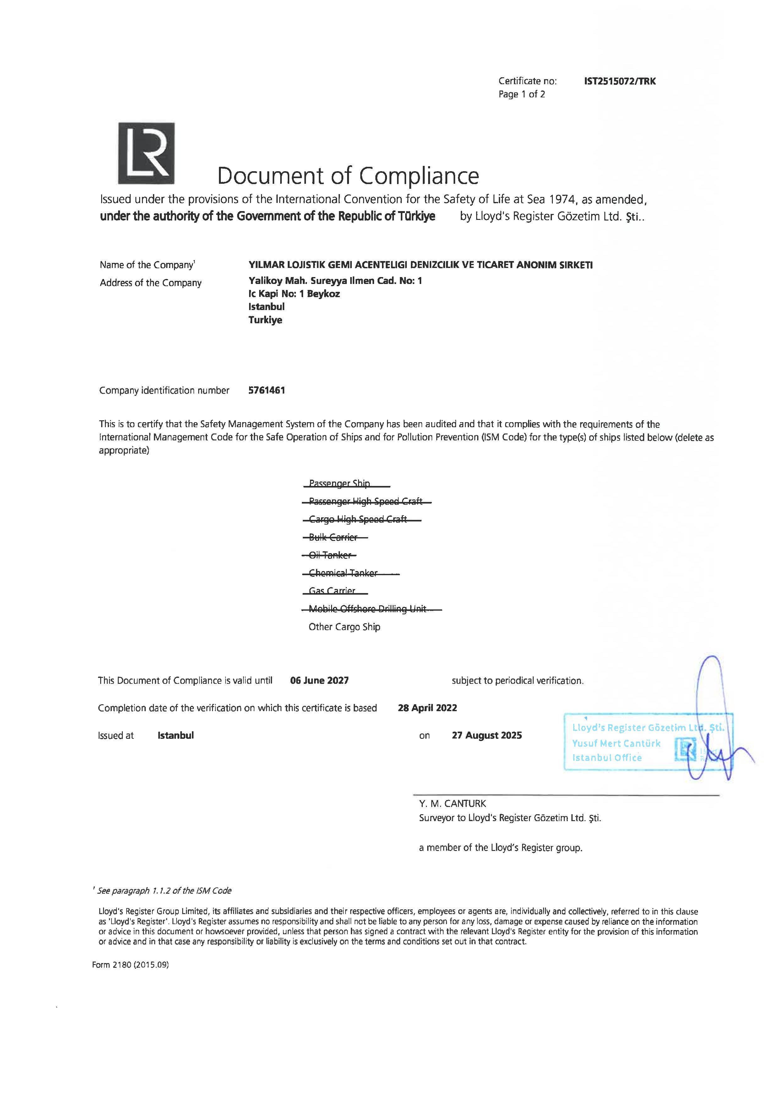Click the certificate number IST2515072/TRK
point(620,81)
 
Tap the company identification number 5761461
point(267,390)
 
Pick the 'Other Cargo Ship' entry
point(344,627)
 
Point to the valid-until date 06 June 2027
point(319,680)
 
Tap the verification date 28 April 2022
point(428,708)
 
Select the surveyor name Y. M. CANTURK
point(452,803)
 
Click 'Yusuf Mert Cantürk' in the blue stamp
point(616,743)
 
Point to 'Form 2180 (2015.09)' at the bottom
point(130,964)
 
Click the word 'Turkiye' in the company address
point(265,320)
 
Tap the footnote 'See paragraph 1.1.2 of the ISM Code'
point(164,891)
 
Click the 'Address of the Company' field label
point(151,283)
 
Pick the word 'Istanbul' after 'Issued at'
point(176,735)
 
